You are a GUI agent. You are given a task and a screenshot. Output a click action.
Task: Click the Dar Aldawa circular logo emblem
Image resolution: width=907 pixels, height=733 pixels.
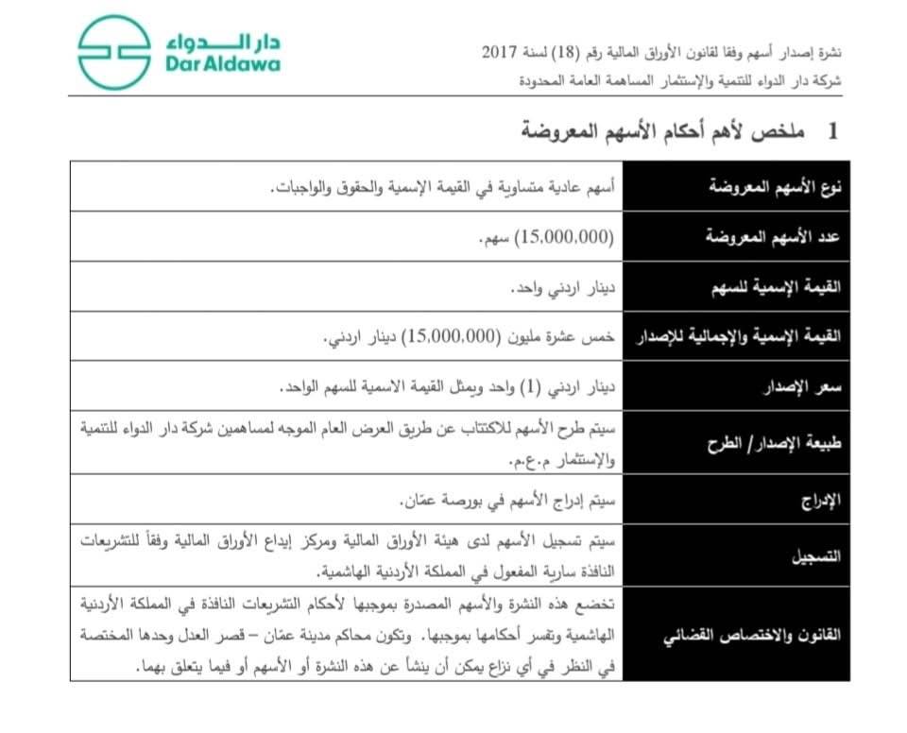[x=113, y=52]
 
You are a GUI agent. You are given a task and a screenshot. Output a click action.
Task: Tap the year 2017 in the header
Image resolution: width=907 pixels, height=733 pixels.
[x=501, y=52]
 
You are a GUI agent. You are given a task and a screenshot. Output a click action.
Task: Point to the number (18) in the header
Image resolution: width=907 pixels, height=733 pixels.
[x=590, y=52]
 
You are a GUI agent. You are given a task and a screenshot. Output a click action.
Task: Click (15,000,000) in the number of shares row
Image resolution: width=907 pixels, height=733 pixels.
[x=564, y=237]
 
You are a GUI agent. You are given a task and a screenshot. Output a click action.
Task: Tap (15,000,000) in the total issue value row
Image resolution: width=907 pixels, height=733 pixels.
[x=451, y=337]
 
